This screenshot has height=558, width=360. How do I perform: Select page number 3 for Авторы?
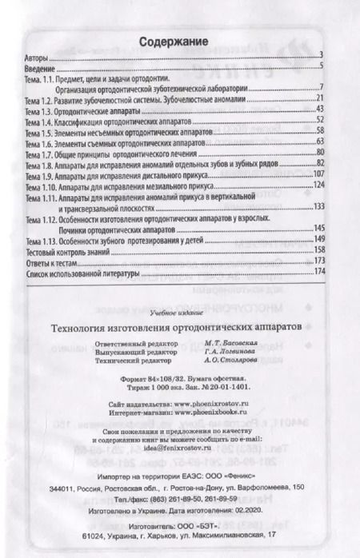click(x=320, y=55)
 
